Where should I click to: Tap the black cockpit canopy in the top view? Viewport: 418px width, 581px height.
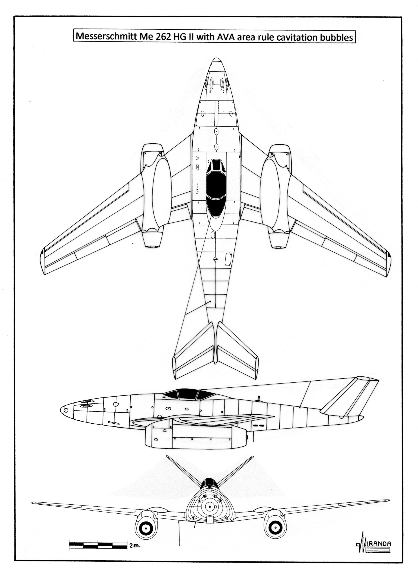click(x=216, y=188)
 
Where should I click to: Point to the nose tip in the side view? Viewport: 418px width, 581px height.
click(x=61, y=410)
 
